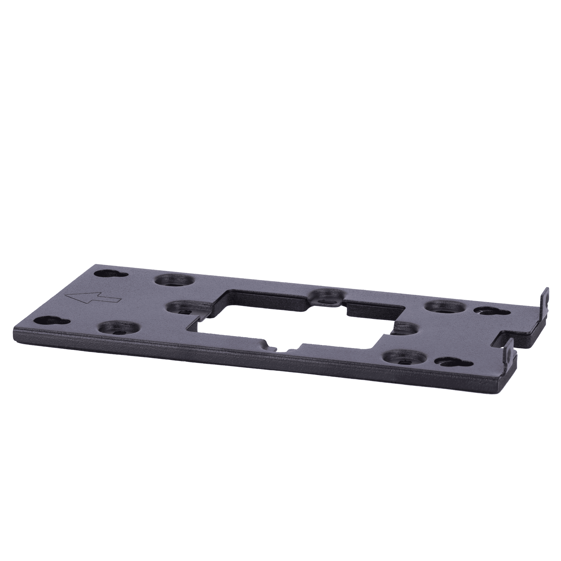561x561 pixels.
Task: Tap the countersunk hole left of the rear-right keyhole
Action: pyautogui.click(x=443, y=306)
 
